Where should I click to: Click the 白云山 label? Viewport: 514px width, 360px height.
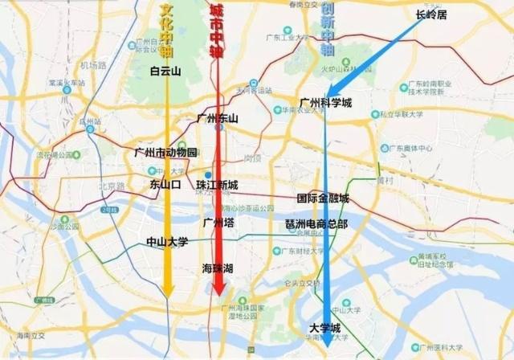(x=167, y=70)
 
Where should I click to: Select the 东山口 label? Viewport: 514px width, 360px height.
(x=166, y=184)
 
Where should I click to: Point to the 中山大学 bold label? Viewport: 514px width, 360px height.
(x=167, y=241)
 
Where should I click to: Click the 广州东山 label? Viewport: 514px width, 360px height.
(x=218, y=118)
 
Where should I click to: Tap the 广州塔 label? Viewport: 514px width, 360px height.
(x=218, y=223)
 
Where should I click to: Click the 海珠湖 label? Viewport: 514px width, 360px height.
(x=218, y=269)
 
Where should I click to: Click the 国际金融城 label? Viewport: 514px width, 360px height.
(x=323, y=198)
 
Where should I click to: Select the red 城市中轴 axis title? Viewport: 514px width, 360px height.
(x=216, y=31)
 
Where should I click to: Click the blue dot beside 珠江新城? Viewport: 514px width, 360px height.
(x=208, y=174)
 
